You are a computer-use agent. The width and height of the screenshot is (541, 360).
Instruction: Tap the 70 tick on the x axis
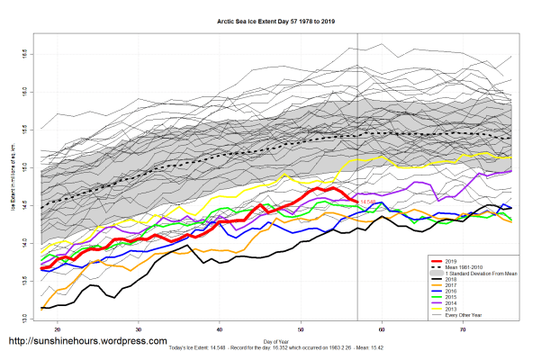[x=463, y=330]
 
